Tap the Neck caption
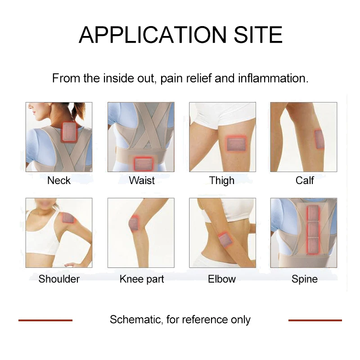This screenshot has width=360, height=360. (x=59, y=180)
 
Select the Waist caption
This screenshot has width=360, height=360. (x=142, y=180)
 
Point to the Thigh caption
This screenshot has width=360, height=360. (x=222, y=181)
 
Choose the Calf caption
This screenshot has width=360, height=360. (x=305, y=180)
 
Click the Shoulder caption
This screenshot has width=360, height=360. (x=59, y=279)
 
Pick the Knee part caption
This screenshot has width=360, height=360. (x=142, y=279)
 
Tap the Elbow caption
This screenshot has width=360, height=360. (x=222, y=279)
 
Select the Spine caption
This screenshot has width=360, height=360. (x=305, y=279)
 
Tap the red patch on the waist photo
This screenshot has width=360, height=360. (x=144, y=163)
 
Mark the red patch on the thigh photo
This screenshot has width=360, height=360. (x=236, y=144)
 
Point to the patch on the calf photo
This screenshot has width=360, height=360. (x=319, y=139)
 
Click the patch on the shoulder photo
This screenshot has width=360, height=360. (x=69, y=218)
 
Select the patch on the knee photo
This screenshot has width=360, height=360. (x=134, y=223)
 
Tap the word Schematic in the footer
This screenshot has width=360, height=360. (x=135, y=320)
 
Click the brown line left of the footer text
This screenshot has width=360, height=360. (x=45, y=320)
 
